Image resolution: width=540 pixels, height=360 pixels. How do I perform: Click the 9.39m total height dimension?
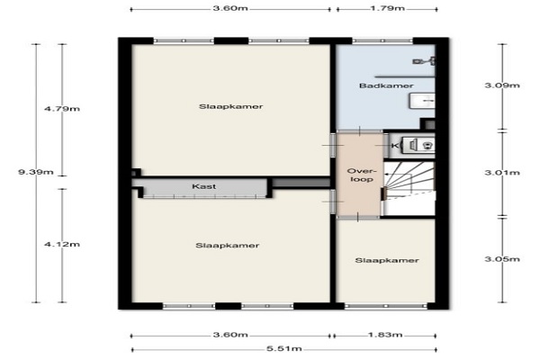[x=36, y=172]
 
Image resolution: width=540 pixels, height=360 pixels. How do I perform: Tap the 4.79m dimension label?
[x=62, y=109]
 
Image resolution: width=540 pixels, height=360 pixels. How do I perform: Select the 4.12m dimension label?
[x=62, y=244]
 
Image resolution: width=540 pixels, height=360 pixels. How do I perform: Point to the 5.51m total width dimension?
[x=284, y=348]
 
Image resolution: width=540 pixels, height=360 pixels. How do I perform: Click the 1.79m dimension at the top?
[x=387, y=8]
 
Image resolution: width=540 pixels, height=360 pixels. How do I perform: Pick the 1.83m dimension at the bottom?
[x=385, y=335]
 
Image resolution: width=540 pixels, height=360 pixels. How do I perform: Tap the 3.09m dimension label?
[x=502, y=85]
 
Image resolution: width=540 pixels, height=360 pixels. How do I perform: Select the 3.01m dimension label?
[x=502, y=172]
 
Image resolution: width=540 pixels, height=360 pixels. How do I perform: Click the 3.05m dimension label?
[x=502, y=259]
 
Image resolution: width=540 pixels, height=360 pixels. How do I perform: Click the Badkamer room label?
[x=386, y=85]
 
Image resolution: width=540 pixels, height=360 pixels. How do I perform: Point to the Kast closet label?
[x=204, y=186]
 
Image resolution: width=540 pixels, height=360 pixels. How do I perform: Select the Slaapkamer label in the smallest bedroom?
[x=387, y=260]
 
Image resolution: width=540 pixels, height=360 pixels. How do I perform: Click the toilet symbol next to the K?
[x=427, y=146]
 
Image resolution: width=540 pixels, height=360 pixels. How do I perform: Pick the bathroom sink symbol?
[x=422, y=101]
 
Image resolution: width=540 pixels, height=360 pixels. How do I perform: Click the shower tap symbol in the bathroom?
[x=424, y=61]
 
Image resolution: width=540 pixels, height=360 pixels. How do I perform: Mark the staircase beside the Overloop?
[x=409, y=188]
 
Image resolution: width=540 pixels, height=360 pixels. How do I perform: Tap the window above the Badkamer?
[x=382, y=40]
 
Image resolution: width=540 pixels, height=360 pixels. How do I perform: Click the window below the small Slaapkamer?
[x=386, y=306]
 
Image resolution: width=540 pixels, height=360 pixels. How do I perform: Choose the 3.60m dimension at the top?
[x=230, y=8]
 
